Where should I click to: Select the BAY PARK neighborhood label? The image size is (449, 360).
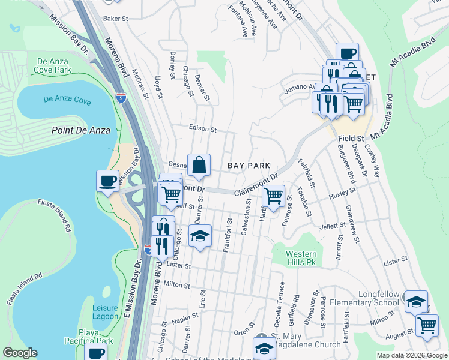(x=249, y=165)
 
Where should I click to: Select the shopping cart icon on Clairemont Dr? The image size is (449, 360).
(x=274, y=195)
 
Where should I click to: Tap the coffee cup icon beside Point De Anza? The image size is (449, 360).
(x=108, y=181)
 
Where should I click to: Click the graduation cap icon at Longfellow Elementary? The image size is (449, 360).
(x=415, y=301)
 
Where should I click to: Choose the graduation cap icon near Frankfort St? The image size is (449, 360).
(x=200, y=235)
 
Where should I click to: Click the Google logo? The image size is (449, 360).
(x=20, y=353)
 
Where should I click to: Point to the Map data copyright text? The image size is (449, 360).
(x=412, y=355)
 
